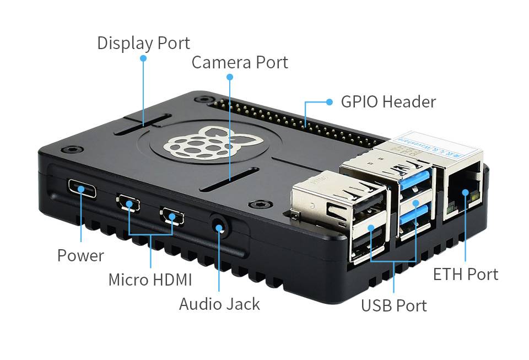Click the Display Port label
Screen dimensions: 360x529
[x=143, y=42]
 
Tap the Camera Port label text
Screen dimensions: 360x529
[x=240, y=62]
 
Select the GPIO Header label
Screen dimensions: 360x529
[x=388, y=101]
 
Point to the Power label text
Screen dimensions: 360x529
[x=80, y=255]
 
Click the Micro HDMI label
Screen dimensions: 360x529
[x=150, y=280]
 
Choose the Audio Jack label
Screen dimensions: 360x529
[x=219, y=304]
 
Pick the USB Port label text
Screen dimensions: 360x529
[x=393, y=305]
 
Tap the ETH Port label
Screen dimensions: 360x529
[x=465, y=274]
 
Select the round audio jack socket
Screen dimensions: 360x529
[x=219, y=227]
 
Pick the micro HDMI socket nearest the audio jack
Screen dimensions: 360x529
[x=172, y=216]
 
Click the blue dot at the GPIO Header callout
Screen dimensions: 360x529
[x=330, y=101]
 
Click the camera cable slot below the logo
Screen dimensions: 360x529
[x=230, y=180]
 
